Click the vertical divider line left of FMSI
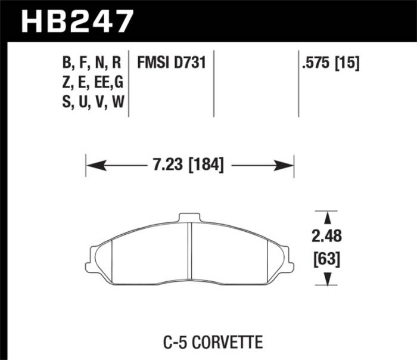(x=129, y=83)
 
